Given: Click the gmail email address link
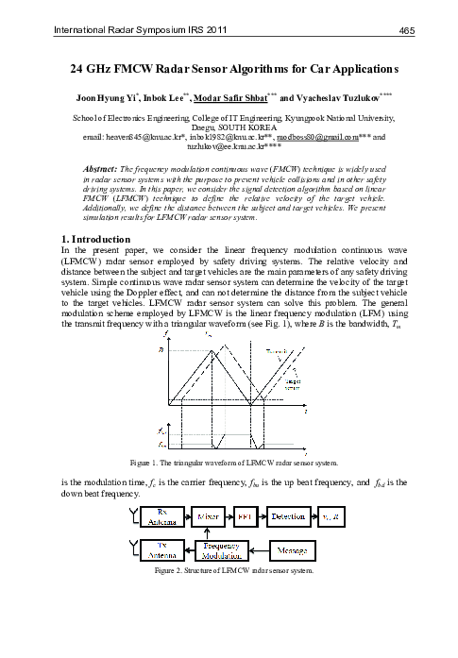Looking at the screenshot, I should coord(320,138).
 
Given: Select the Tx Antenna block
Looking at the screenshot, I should coord(157,548).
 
